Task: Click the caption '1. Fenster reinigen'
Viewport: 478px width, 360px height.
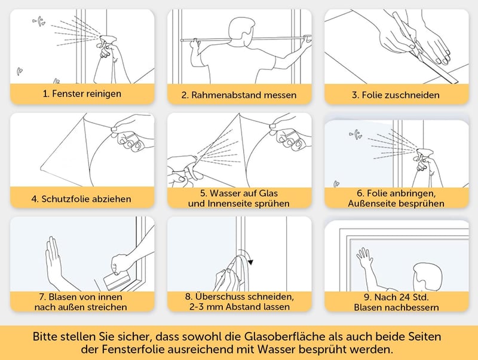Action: pos(82,94)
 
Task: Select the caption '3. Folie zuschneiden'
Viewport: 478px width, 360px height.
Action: pos(396,95)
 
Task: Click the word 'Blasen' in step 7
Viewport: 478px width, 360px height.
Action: pos(63,297)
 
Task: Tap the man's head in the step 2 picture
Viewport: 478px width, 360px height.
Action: pos(241,32)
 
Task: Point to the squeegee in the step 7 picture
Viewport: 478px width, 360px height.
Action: pos(117,280)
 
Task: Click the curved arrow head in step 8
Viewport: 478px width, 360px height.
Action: pos(251,262)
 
